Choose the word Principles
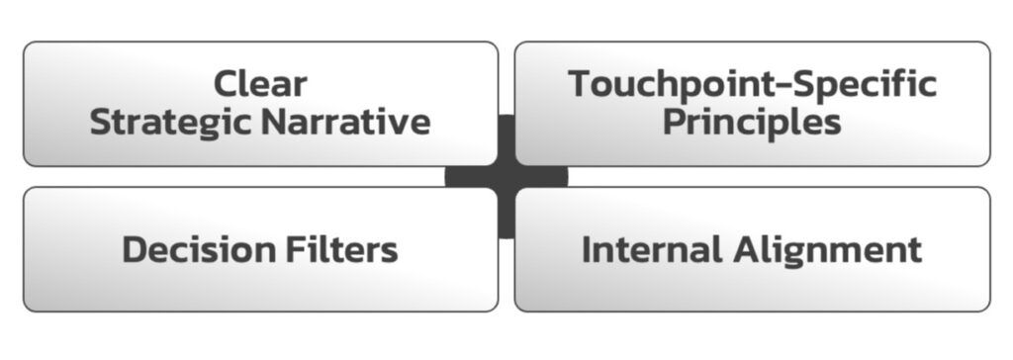point(752,123)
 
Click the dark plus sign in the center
point(506,177)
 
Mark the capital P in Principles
point(676,123)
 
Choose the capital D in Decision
point(135,249)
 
